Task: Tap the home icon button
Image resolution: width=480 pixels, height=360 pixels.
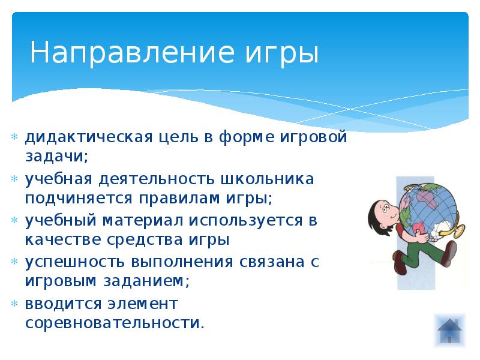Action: point(450,329)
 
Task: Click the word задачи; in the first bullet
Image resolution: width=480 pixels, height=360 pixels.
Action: point(56,156)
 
